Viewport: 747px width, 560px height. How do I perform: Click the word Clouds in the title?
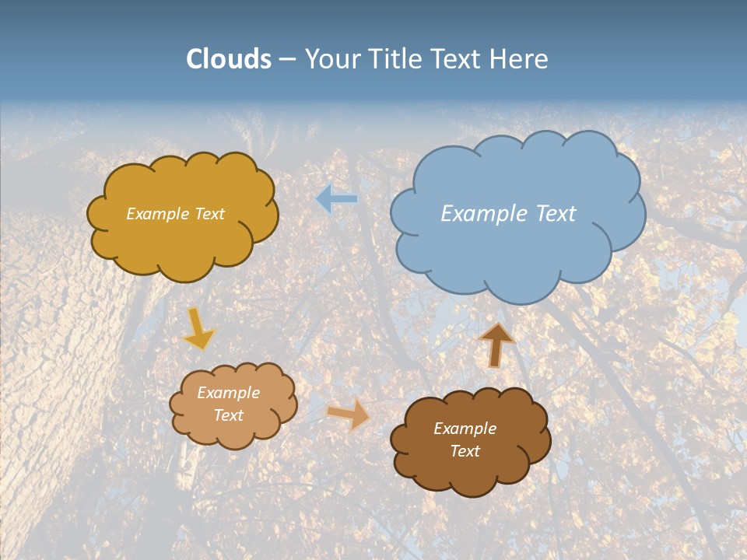click(229, 59)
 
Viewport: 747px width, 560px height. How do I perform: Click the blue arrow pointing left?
click(336, 199)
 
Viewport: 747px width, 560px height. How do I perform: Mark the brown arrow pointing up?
click(496, 344)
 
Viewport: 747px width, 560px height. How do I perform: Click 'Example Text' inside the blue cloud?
click(508, 214)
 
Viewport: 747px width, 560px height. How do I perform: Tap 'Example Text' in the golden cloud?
click(175, 214)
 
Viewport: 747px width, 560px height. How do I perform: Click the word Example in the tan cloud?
click(228, 393)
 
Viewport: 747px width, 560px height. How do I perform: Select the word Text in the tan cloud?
click(228, 415)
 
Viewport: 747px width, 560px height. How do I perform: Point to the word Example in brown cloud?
click(465, 429)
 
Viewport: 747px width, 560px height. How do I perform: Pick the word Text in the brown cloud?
click(465, 451)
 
